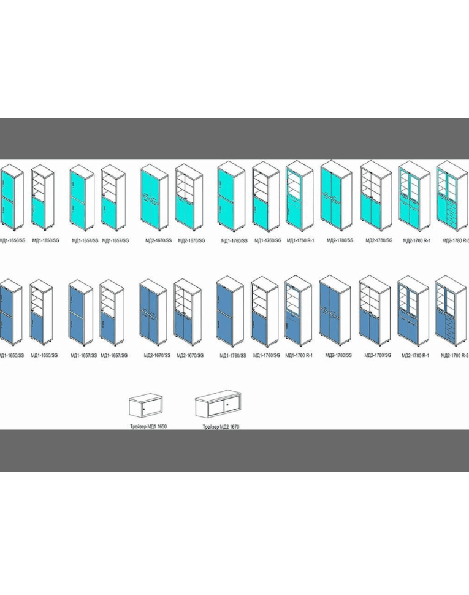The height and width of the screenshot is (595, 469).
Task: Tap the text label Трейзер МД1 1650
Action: pyautogui.click(x=148, y=425)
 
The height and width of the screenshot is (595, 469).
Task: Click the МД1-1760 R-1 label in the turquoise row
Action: pyautogui.click(x=300, y=240)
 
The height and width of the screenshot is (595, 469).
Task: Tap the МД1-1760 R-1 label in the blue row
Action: pyautogui.click(x=300, y=355)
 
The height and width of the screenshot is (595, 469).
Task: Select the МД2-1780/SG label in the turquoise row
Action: pyautogui.click(x=378, y=240)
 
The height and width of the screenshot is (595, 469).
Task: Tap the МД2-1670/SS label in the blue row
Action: pyautogui.click(x=157, y=355)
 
